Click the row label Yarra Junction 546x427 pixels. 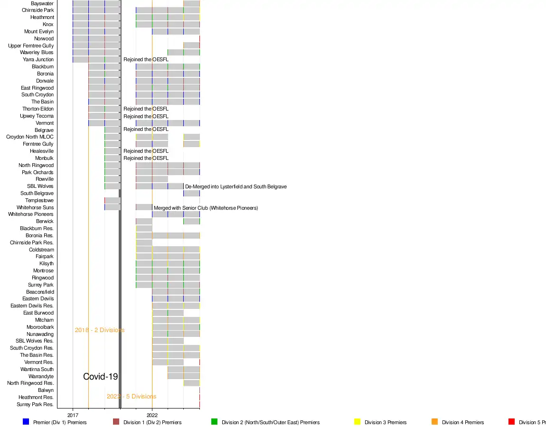click(38, 60)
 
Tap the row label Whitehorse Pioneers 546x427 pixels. click(31, 214)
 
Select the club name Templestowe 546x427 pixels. click(39, 201)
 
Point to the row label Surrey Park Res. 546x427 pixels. click(35, 405)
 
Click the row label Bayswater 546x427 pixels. click(42, 3)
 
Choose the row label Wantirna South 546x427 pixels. click(37, 369)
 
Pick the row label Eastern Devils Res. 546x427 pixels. click(32, 306)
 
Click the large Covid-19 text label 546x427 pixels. click(100, 377)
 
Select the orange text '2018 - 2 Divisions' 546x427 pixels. click(100, 330)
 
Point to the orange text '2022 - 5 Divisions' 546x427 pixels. click(132, 397)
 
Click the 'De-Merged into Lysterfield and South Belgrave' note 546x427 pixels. click(236, 186)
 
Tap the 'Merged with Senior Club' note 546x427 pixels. click(206, 208)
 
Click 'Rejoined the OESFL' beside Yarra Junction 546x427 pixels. click(146, 60)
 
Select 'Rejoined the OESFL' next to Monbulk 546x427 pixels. click(146, 158)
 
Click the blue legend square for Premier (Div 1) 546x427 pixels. click(26, 422)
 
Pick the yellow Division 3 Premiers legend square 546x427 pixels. click(358, 422)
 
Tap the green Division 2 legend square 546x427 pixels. click(214, 422)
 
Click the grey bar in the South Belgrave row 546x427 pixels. click(191, 194)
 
